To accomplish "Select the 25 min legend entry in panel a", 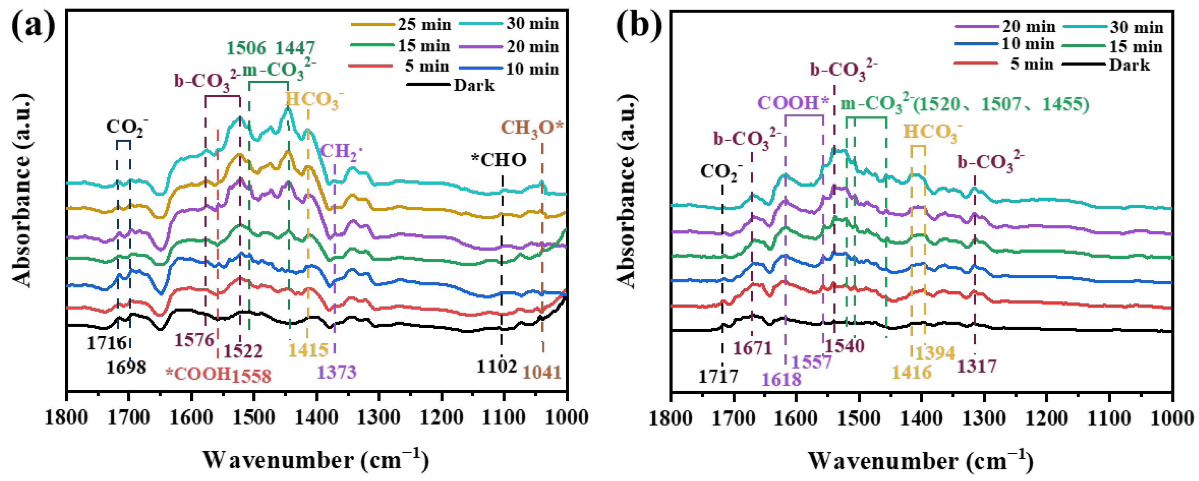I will [424, 24].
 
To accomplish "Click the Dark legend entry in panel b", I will [1129, 65].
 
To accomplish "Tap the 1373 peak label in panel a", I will [337, 372].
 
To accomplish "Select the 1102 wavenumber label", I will [496, 367].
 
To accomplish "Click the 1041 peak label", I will [542, 372].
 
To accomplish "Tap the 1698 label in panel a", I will [126, 367].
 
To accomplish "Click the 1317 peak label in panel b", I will [977, 367].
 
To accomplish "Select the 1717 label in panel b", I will [718, 376].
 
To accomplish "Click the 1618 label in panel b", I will [782, 379].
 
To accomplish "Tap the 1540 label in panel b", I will [845, 346].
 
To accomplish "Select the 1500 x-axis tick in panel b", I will [859, 417].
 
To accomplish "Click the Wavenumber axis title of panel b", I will [920, 460].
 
